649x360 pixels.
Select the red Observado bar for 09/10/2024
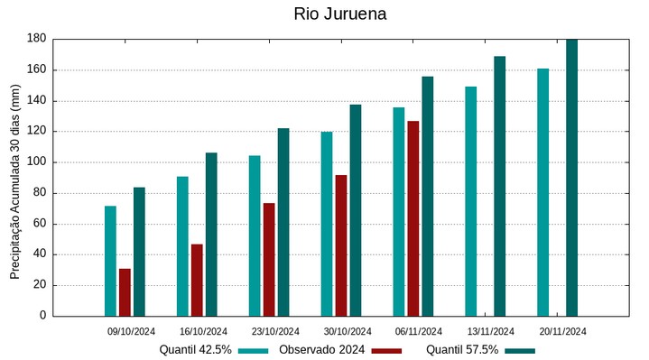click(125, 292)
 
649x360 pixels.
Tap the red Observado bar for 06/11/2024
click(413, 218)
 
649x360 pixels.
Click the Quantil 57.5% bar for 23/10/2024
click(283, 222)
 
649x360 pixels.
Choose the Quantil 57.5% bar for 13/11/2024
click(499, 186)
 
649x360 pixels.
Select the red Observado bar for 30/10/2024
click(340, 245)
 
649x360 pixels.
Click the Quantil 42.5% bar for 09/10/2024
click(110, 261)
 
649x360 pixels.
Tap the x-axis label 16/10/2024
click(203, 331)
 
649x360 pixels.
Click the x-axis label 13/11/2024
click(491, 331)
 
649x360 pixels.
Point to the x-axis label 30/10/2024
click(347, 331)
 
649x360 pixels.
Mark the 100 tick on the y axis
click(36, 162)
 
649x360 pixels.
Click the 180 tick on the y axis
click(36, 39)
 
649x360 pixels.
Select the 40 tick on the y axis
click(39, 254)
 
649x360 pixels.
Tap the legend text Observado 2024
click(322, 349)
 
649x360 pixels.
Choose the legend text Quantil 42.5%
click(196, 349)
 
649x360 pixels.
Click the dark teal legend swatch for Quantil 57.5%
click(520, 350)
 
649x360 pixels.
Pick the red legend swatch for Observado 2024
click(386, 350)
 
